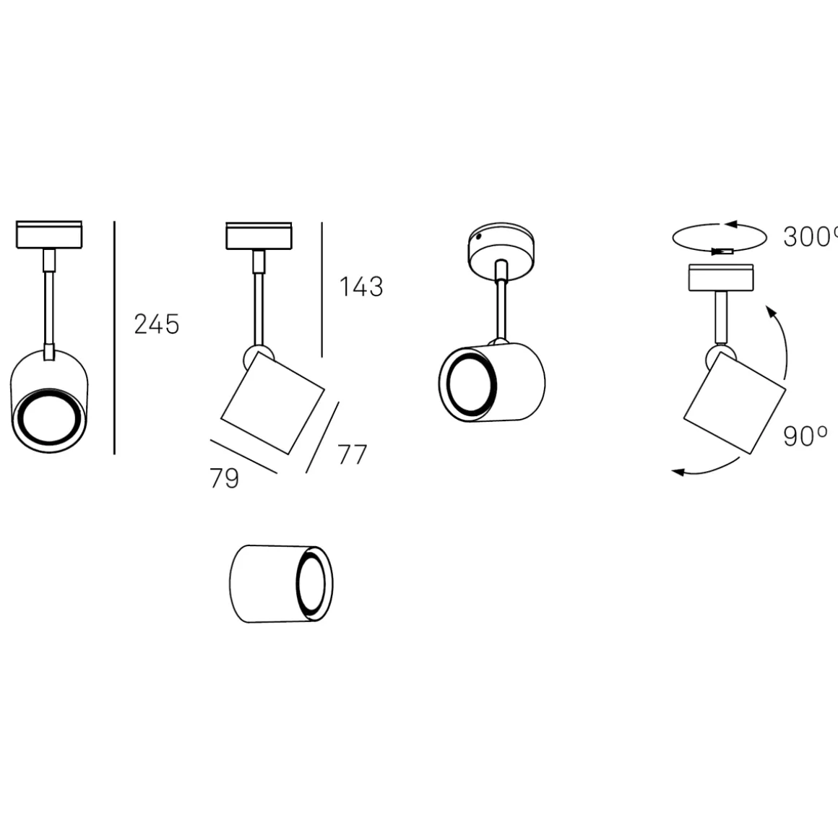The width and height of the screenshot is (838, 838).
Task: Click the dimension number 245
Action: [157, 324]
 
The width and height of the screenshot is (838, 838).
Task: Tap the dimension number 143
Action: [361, 287]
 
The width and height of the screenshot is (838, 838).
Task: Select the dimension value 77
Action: [353, 455]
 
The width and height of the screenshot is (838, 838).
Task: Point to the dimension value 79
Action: [225, 478]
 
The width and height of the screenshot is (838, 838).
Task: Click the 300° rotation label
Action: [811, 237]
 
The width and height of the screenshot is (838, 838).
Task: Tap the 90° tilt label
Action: [805, 436]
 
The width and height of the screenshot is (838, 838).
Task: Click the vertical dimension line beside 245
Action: [114, 338]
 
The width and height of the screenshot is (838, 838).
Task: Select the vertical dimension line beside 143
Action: [321, 290]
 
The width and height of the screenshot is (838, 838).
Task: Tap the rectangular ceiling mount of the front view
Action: [49, 236]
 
